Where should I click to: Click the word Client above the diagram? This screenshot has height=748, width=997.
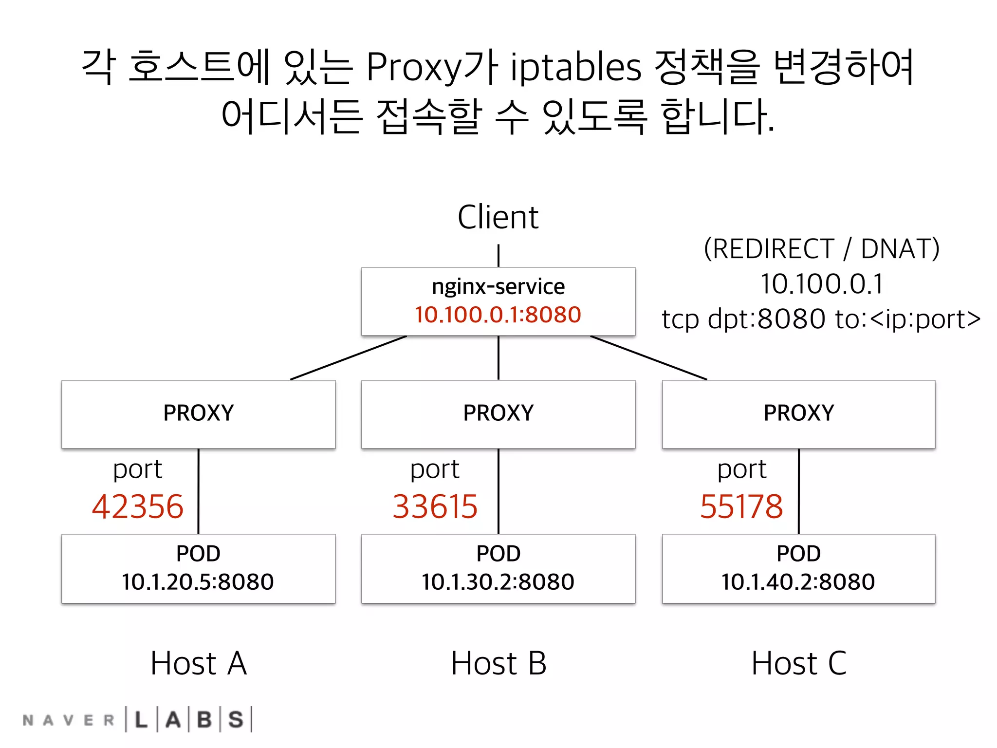498,217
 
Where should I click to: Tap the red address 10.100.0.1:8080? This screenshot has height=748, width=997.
498,315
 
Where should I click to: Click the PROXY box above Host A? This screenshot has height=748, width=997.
198,413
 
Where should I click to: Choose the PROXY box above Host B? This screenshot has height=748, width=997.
498,413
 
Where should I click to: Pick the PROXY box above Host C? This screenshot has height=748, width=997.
798,413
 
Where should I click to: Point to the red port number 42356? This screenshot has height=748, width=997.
138,506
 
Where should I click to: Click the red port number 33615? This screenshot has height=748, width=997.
435,506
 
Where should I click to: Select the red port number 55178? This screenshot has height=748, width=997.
741,506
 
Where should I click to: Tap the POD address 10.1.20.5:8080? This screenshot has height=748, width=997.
198,582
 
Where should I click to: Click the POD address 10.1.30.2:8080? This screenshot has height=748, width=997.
498,582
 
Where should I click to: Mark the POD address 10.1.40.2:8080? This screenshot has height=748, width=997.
798,582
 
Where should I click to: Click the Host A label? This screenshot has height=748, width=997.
199,663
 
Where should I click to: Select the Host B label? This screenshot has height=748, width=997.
498,663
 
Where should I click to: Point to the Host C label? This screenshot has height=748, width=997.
799,663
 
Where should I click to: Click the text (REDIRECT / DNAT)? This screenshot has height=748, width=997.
821,249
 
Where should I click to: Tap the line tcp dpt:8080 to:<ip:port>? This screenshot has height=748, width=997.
821,319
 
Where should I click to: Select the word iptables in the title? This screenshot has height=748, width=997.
576,67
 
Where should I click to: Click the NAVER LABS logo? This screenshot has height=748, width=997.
138,719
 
